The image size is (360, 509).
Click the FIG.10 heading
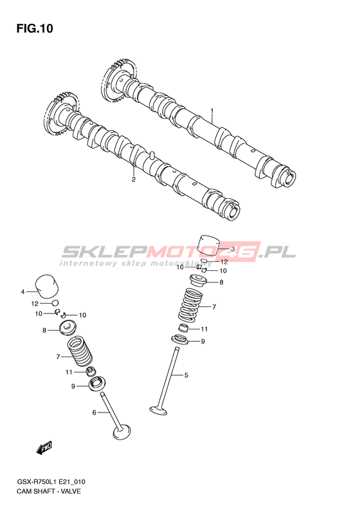[35, 29]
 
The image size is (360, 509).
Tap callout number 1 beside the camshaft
[212, 111]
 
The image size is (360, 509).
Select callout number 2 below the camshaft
[133, 179]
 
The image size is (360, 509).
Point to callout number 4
[22, 292]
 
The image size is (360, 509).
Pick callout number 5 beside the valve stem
[186, 375]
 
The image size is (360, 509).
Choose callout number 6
[94, 412]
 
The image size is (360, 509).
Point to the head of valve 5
[159, 410]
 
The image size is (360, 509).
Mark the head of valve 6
[122, 432]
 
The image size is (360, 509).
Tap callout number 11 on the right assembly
[204, 329]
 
